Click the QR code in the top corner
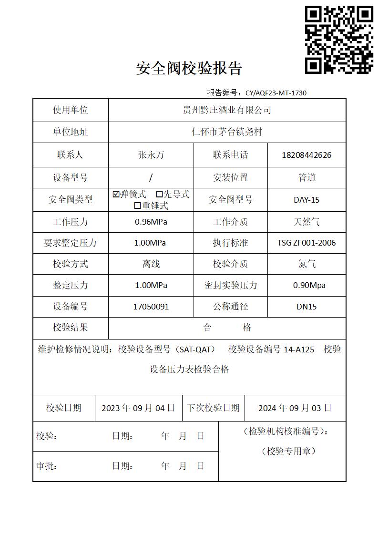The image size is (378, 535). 339,40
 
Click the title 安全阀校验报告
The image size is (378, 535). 189,69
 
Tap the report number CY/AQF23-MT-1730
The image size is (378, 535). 276,93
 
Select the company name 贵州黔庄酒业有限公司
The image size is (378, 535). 227,110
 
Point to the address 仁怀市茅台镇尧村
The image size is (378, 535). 227,132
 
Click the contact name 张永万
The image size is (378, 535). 151,155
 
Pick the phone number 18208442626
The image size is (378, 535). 306,155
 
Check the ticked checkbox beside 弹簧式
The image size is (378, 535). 116,194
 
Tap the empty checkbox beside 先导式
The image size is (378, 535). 160,194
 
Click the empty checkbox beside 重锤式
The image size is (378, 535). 137,206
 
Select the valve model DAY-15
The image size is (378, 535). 306,200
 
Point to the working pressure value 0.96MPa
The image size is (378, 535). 151,222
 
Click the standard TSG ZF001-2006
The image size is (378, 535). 306,243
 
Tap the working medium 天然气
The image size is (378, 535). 306,222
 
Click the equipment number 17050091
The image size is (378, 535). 151,307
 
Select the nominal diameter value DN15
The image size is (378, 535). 306,307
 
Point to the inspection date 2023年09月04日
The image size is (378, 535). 138,408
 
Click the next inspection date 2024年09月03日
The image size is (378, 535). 295,408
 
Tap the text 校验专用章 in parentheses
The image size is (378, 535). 288,451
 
